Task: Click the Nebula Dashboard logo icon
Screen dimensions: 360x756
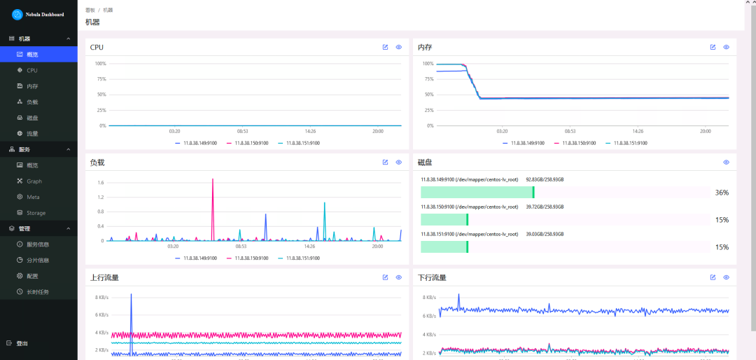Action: [17, 14]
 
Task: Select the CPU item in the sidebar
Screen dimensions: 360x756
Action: [32, 71]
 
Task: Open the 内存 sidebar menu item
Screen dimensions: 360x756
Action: [32, 86]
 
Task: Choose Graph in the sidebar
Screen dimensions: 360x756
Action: [34, 181]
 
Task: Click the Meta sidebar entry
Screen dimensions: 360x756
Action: [33, 197]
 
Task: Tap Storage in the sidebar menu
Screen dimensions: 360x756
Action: [36, 213]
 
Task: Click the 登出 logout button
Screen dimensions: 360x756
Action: [22, 343]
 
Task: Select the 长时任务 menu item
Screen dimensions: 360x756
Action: [38, 292]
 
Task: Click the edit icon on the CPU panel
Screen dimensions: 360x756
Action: [385, 47]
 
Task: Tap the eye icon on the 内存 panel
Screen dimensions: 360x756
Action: [726, 47]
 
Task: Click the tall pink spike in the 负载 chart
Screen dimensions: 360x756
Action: [213, 180]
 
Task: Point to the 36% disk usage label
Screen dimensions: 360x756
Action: [722, 193]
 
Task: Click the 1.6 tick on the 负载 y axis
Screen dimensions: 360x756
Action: [101, 183]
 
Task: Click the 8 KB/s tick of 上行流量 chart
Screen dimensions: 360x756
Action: [101, 298]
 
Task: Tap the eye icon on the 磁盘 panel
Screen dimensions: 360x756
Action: [726, 162]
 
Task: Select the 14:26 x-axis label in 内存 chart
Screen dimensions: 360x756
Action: [638, 131]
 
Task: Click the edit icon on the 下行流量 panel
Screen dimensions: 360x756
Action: [713, 277]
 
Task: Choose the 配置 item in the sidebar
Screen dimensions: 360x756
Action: [32, 276]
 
